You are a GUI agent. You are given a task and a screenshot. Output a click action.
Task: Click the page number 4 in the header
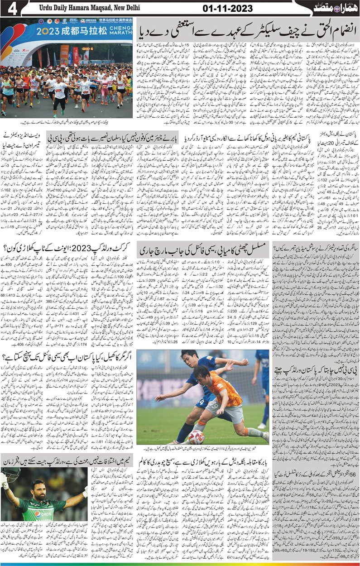tap(10, 9)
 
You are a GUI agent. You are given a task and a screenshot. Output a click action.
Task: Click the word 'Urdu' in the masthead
tap(44, 9)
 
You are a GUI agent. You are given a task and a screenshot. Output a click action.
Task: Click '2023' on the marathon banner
tap(52, 32)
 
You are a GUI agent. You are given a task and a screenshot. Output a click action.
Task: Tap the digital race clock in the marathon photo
tap(87, 48)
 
